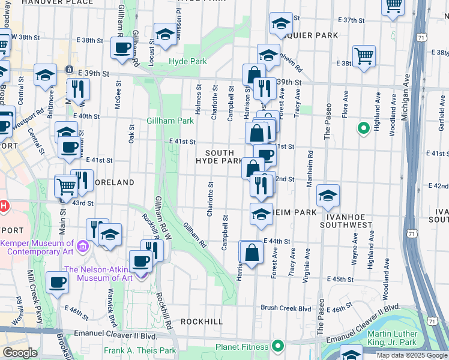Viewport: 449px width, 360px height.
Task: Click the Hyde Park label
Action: pyautogui.click(x=187, y=62)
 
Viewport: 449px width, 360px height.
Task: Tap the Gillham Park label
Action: pyautogui.click(x=170, y=121)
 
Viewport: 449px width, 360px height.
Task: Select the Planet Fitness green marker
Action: pyautogui.click(x=278, y=346)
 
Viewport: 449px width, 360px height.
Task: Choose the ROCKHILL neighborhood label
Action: pyautogui.click(x=202, y=322)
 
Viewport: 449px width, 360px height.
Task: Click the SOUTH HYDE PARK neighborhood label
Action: pyautogui.click(x=219, y=157)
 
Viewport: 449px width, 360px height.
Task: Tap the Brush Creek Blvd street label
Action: pyautogui.click(x=286, y=308)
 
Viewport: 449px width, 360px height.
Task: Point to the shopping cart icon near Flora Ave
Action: pyautogui.click(x=364, y=57)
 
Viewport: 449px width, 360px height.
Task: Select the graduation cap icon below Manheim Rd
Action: pyautogui.click(x=327, y=196)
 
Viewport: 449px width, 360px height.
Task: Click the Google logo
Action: pyautogui.click(x=20, y=353)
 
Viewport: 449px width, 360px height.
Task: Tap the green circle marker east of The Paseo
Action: pyautogui.click(x=363, y=128)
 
